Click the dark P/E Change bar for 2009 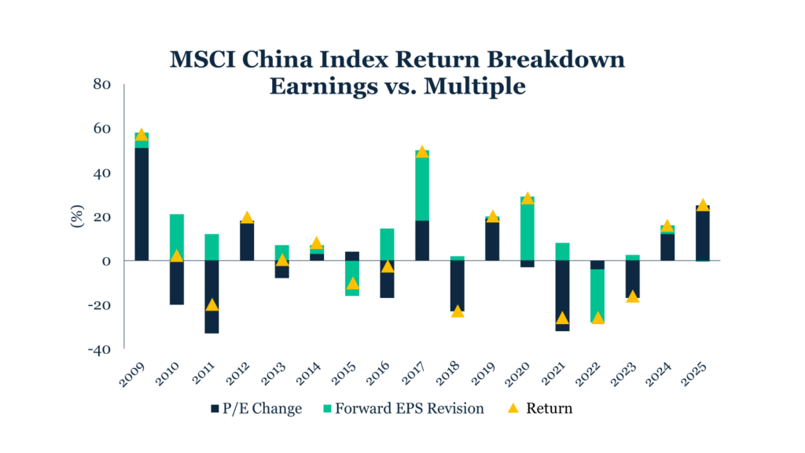click(x=142, y=204)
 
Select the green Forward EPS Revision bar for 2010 click(x=177, y=237)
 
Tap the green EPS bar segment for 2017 click(x=421, y=189)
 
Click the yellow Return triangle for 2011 click(x=211, y=304)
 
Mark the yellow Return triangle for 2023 click(x=632, y=296)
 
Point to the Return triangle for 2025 click(x=702, y=204)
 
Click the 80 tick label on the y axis click(x=103, y=84)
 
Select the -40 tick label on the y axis click(x=100, y=349)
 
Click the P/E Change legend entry click(x=256, y=409)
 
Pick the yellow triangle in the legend click(x=512, y=408)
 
